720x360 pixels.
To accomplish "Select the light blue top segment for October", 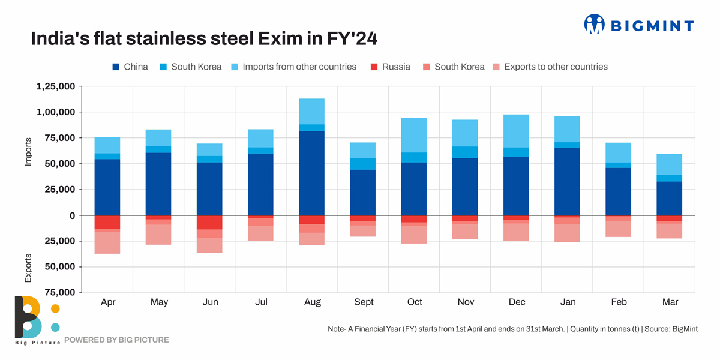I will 414,135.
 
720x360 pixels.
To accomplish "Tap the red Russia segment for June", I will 210,222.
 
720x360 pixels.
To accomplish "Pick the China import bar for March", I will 670,198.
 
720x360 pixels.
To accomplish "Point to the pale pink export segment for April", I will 107,242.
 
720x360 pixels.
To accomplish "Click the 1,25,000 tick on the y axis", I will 56,86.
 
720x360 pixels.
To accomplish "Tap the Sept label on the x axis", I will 364,302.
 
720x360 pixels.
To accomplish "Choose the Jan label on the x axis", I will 568,302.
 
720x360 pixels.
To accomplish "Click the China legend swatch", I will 116,67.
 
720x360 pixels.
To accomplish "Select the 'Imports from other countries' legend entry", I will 299,67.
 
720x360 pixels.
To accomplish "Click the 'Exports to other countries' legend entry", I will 556,67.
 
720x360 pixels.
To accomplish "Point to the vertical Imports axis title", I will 28,151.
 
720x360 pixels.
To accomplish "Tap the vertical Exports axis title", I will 28,268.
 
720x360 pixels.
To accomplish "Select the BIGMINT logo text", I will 652,25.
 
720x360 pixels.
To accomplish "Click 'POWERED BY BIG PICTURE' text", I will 116,340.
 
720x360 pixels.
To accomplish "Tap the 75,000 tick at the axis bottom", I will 56,292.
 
